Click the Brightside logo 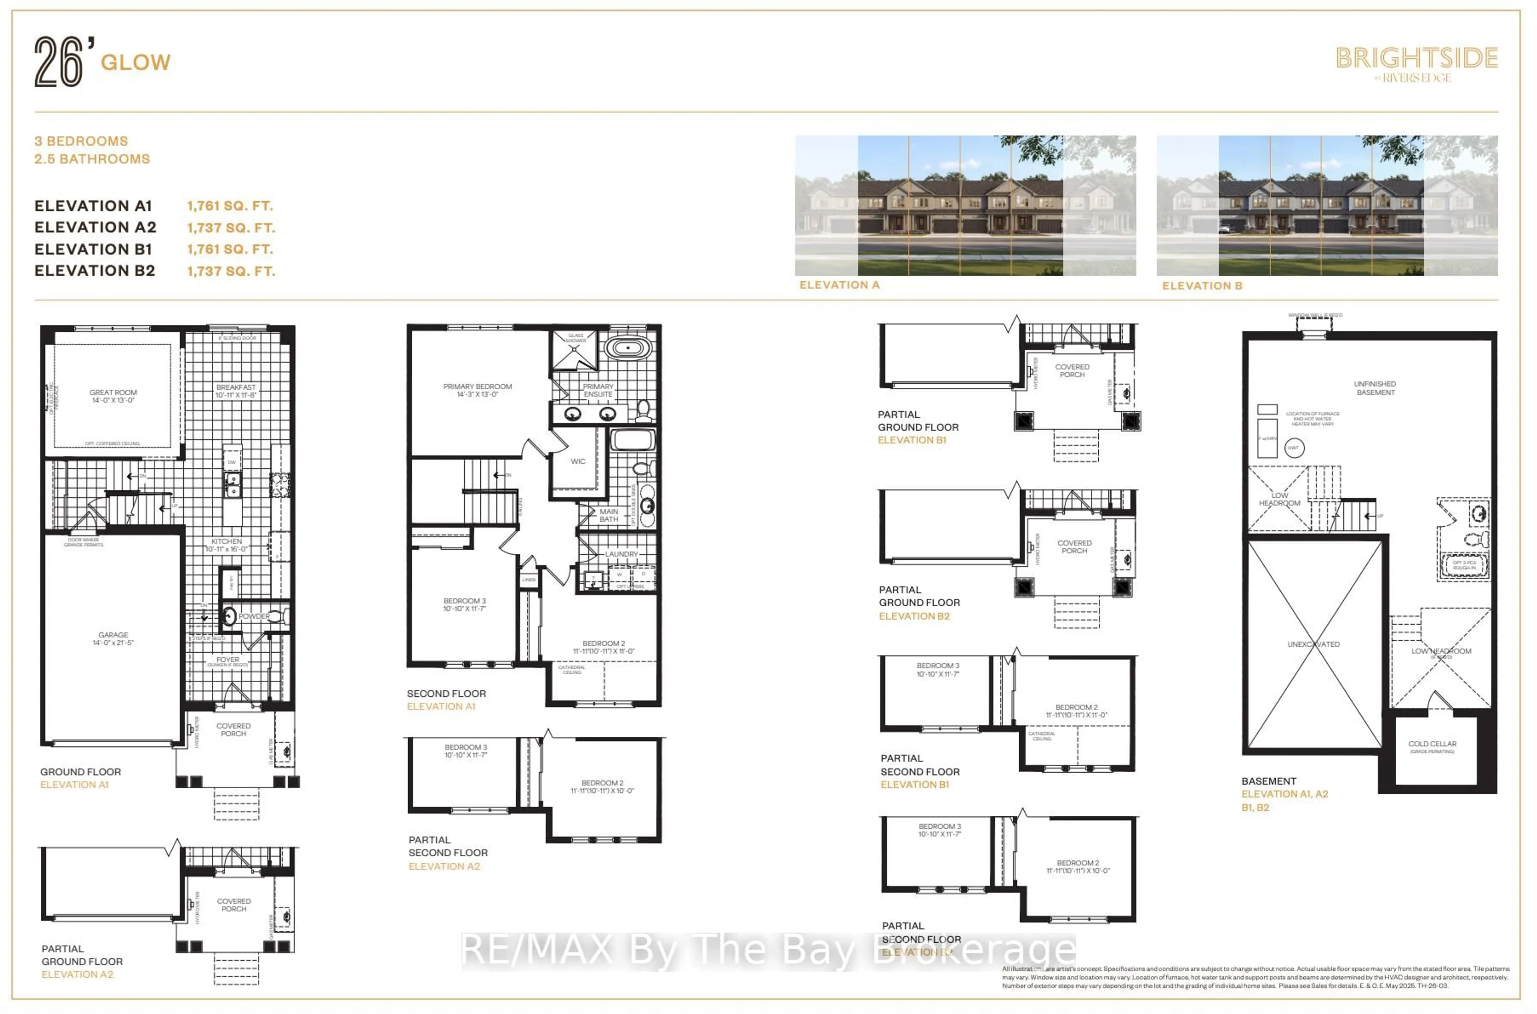tap(1416, 63)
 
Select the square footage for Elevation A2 tap(231, 228)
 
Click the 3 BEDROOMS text tap(81, 141)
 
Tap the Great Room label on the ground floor tap(113, 396)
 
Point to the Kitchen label tap(227, 545)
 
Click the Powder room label tap(254, 616)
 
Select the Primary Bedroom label tap(478, 390)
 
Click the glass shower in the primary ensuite tap(574, 350)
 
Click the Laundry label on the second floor tap(621, 554)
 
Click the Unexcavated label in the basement tap(1313, 644)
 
